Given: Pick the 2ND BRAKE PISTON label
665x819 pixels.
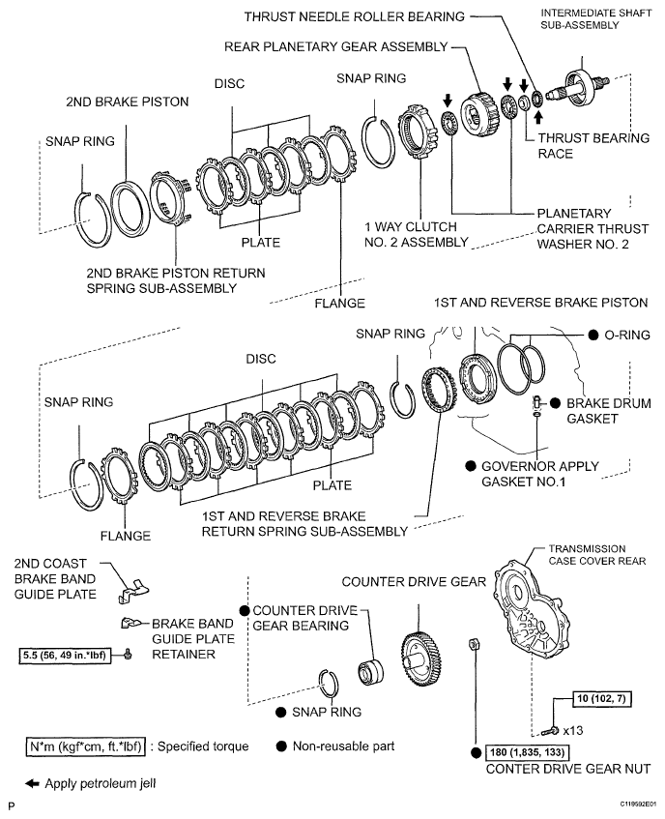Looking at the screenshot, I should (114, 101).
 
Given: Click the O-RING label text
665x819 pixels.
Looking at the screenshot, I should (627, 335).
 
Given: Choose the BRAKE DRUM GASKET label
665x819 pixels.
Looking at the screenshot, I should (599, 410).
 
